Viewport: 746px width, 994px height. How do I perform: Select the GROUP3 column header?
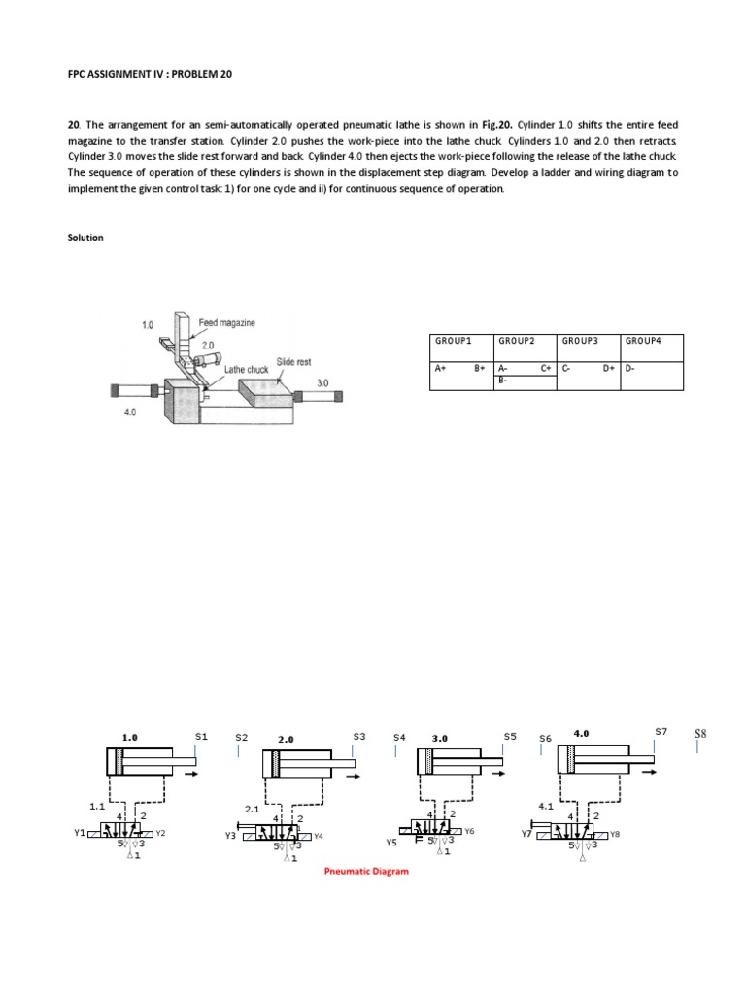pyautogui.click(x=580, y=342)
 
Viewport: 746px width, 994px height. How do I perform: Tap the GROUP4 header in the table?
pyautogui.click(x=643, y=342)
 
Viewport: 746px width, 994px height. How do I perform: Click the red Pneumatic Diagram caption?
pyautogui.click(x=366, y=871)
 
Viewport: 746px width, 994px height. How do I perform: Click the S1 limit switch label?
pyautogui.click(x=201, y=736)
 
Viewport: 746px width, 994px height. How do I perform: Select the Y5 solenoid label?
pyautogui.click(x=391, y=843)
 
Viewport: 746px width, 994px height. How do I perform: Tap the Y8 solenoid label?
pyautogui.click(x=614, y=834)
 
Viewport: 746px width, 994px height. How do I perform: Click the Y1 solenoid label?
pyautogui.click(x=80, y=832)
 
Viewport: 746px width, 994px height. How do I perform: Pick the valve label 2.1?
pyautogui.click(x=251, y=808)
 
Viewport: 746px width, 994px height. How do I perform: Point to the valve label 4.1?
pyautogui.click(x=545, y=805)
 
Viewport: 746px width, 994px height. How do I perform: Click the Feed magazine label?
pyautogui.click(x=226, y=322)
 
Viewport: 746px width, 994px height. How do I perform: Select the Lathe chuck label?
pyautogui.click(x=247, y=369)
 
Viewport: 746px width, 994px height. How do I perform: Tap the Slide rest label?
pyautogui.click(x=293, y=361)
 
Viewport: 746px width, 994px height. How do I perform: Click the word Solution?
pyautogui.click(x=86, y=237)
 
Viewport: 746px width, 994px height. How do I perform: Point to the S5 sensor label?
pyautogui.click(x=510, y=736)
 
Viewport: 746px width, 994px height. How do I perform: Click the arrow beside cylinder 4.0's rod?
pyautogui.click(x=648, y=772)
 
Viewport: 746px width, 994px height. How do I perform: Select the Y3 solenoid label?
pyautogui.click(x=230, y=835)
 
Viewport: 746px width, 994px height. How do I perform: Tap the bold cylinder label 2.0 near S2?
pyautogui.click(x=286, y=740)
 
